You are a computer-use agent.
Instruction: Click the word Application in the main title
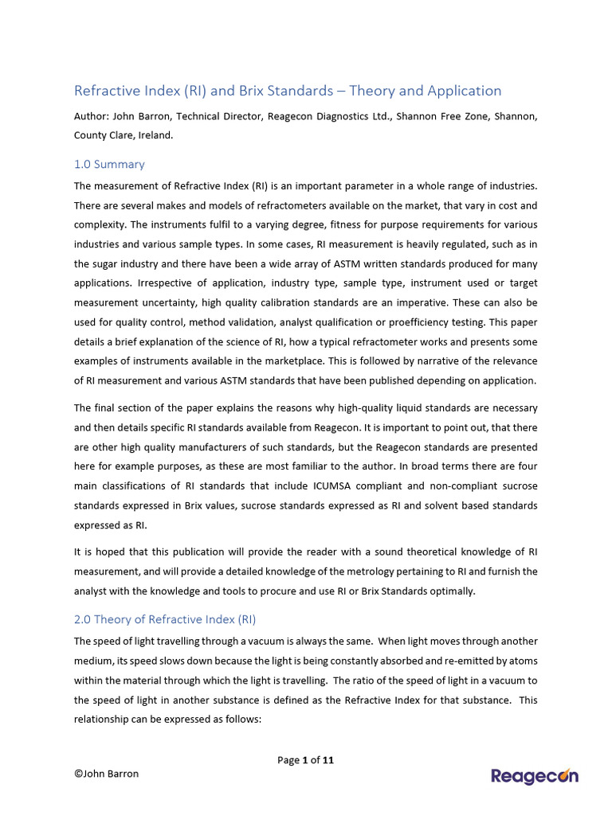(462, 91)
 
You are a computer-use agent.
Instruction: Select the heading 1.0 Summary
(109, 164)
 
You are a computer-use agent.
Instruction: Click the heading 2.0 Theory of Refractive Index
(165, 619)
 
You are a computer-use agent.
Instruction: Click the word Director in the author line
(245, 116)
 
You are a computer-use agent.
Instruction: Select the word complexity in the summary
(102, 224)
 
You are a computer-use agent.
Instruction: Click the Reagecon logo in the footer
(534, 777)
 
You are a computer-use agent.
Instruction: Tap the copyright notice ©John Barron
(106, 774)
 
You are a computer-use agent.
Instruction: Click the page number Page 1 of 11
(305, 760)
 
